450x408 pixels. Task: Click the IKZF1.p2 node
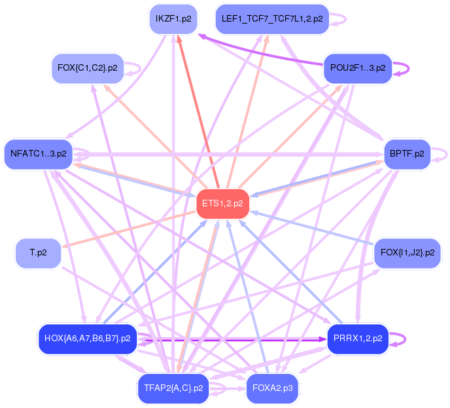[173, 18]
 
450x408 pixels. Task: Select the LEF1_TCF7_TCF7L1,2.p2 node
[271, 18]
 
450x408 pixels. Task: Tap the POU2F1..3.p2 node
[357, 67]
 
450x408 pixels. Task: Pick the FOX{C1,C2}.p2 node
[87, 67]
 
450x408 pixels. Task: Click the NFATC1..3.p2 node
[38, 154]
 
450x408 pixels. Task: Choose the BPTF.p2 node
[406, 154]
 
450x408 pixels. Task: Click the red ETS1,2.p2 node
[222, 204]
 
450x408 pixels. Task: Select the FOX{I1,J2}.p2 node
[406, 251]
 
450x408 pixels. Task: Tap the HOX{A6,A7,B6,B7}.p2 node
[87, 339]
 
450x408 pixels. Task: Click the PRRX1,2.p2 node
[357, 339]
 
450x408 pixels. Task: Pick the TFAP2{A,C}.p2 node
[173, 388]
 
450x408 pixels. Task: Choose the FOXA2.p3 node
[272, 388]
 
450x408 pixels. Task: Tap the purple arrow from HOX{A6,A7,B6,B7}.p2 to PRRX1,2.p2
[229, 340]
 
